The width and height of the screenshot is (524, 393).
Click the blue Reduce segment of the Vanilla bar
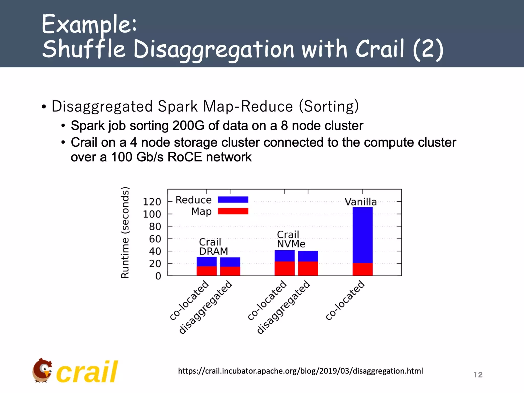point(363,235)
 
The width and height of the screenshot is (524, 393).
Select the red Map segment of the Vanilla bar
point(363,269)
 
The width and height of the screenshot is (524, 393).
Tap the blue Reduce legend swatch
point(233,200)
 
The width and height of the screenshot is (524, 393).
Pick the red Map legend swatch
point(233,211)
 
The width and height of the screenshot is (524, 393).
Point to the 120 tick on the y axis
point(152,202)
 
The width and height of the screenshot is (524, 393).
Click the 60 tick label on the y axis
point(155,239)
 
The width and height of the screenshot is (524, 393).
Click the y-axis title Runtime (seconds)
point(125,232)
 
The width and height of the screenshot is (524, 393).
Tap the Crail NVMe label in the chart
point(291,239)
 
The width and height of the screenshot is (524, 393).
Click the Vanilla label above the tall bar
point(361,202)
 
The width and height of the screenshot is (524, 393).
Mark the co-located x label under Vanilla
point(345,300)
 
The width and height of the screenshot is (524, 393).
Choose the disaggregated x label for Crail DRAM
point(205,307)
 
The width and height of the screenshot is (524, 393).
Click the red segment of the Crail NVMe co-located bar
point(285,268)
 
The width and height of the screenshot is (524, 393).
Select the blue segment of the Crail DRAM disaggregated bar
point(230,262)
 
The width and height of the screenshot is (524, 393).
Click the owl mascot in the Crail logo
point(42,370)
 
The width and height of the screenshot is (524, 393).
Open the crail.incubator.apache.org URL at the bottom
point(300,371)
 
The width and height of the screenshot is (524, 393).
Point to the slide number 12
point(478,375)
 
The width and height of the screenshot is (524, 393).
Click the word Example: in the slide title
point(89,25)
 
